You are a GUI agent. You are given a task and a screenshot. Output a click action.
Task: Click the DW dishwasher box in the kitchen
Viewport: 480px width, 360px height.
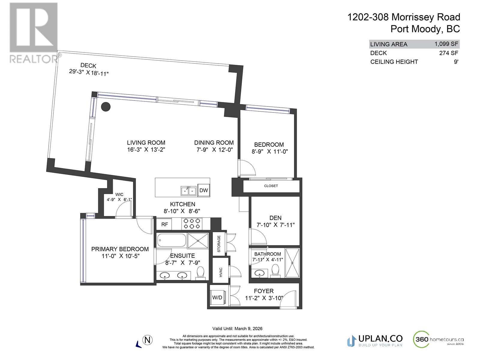point(203,190)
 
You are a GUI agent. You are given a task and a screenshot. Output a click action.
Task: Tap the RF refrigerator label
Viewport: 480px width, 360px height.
point(164,224)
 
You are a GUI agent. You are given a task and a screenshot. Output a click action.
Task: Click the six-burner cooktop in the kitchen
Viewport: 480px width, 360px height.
point(192,223)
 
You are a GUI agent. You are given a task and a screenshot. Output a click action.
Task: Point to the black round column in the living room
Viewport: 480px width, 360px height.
point(106,107)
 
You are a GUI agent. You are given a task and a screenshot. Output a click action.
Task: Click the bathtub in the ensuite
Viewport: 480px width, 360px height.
point(172,240)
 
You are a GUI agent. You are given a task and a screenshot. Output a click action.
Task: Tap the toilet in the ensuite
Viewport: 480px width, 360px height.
point(200,273)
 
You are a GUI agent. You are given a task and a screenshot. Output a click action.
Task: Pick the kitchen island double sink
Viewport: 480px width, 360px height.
point(188,191)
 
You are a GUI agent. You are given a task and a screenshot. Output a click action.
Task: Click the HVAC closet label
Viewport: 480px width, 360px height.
point(220,272)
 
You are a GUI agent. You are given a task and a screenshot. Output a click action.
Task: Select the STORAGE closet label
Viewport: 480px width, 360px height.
point(219,244)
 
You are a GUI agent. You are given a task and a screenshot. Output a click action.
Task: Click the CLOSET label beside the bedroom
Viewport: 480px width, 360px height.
point(271,186)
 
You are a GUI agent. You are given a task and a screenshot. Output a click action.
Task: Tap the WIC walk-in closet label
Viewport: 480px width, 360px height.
point(119,194)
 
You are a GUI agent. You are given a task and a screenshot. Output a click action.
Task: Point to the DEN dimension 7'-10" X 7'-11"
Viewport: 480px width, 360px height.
point(275,225)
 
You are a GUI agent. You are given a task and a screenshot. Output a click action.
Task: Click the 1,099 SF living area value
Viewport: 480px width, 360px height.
point(446,44)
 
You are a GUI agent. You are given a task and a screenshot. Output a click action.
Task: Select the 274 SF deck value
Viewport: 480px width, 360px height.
point(448,53)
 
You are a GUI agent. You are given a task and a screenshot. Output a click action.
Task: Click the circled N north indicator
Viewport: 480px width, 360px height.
point(148,340)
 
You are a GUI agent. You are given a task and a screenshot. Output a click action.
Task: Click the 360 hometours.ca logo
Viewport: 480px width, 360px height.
point(438,339)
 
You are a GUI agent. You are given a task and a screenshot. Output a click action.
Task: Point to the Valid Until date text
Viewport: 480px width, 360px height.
point(237,328)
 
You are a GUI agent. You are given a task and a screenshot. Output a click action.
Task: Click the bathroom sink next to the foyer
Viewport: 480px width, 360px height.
point(259,273)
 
